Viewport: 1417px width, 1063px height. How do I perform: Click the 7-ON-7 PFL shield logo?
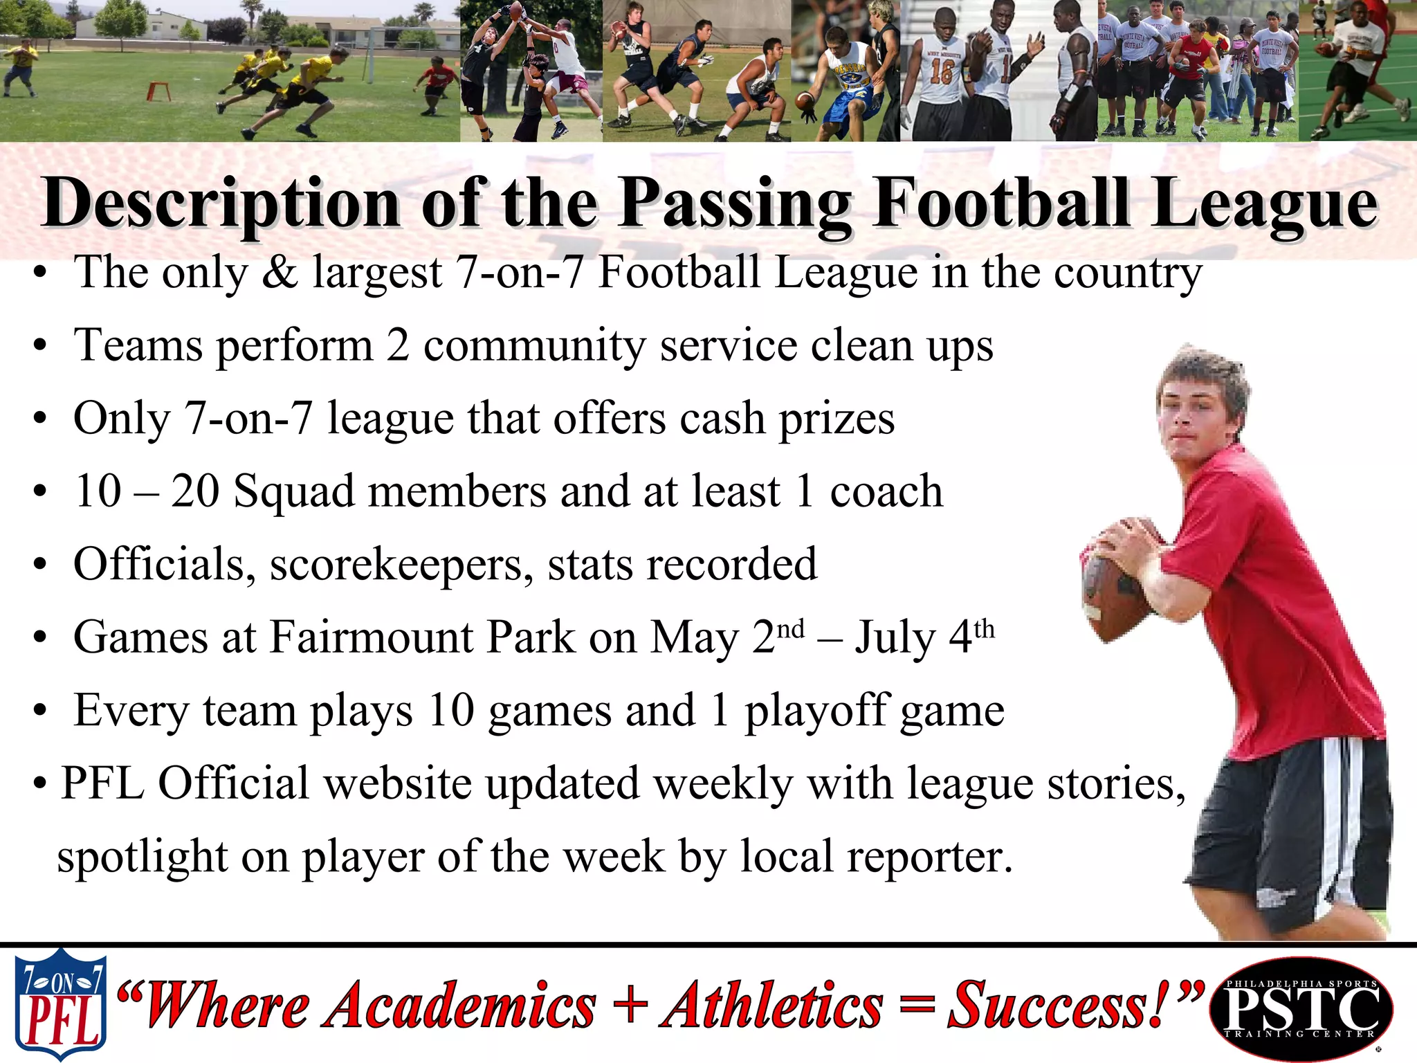(x=61, y=1003)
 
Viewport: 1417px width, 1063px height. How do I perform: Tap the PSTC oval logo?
(x=1301, y=1008)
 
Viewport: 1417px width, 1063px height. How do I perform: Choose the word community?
(x=533, y=345)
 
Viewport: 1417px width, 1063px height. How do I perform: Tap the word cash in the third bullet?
(x=722, y=419)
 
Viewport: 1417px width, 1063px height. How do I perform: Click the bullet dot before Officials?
(x=41, y=565)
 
